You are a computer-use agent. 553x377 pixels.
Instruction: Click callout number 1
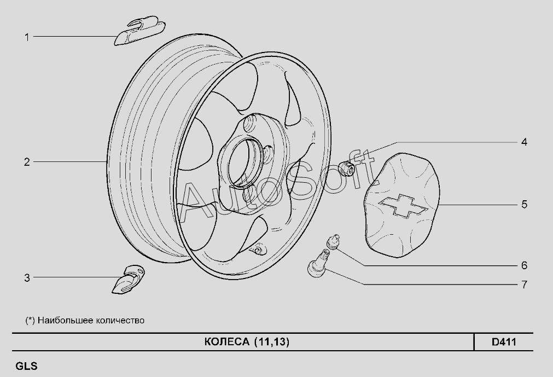coord(27,37)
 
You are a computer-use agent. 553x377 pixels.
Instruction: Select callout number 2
coord(27,162)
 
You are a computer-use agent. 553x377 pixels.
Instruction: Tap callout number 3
coord(27,278)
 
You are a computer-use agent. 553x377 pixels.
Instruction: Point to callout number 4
coord(524,142)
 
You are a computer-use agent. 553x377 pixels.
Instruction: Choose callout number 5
coord(524,205)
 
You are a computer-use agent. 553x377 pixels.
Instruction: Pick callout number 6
coord(524,265)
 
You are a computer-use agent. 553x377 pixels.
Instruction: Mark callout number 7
coord(524,285)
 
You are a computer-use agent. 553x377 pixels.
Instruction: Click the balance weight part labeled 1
coord(139,31)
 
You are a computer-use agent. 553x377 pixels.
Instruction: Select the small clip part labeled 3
coord(129,279)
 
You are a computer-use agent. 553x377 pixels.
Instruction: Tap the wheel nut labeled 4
coord(346,167)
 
